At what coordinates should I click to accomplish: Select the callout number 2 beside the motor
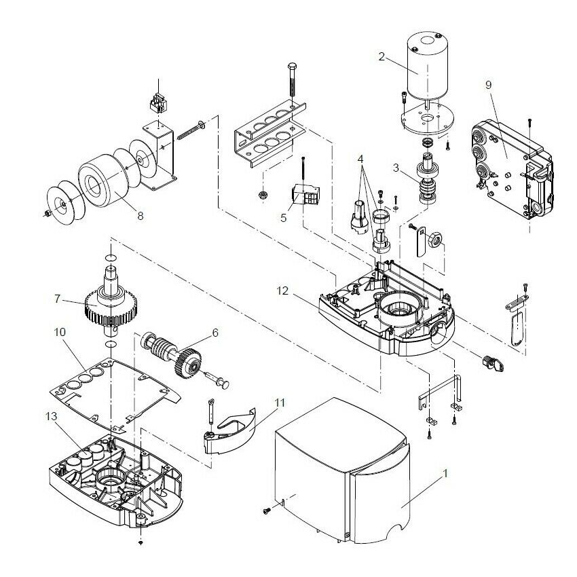coord(381,57)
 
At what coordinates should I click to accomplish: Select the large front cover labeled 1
coord(339,475)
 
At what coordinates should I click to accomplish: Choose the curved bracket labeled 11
coord(231,431)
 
